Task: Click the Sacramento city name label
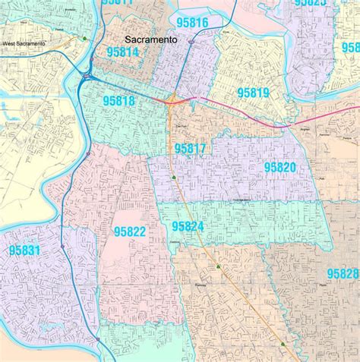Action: click(x=152, y=39)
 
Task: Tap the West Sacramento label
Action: click(x=24, y=44)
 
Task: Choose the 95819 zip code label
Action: click(x=253, y=92)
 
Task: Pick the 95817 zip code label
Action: click(x=190, y=149)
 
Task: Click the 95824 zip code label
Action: click(x=188, y=225)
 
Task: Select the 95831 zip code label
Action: click(x=25, y=249)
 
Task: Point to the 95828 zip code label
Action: click(x=343, y=273)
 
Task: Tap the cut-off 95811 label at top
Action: click(x=117, y=3)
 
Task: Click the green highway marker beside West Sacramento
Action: click(x=85, y=38)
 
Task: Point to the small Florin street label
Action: click(x=323, y=284)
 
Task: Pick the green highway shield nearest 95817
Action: click(x=175, y=177)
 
